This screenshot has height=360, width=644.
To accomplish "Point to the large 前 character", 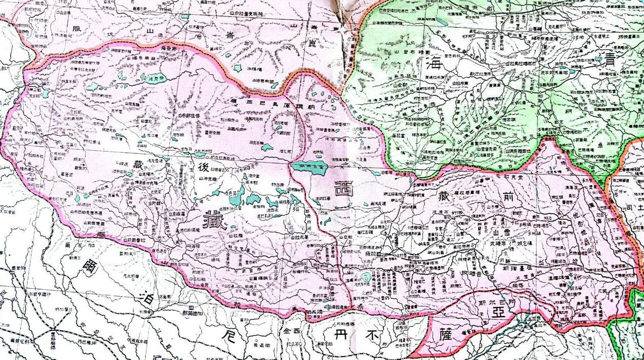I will tap(508, 197).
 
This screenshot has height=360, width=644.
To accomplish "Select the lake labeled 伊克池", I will tap(153, 79).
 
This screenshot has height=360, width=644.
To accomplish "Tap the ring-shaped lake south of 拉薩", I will tap(365, 278).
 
